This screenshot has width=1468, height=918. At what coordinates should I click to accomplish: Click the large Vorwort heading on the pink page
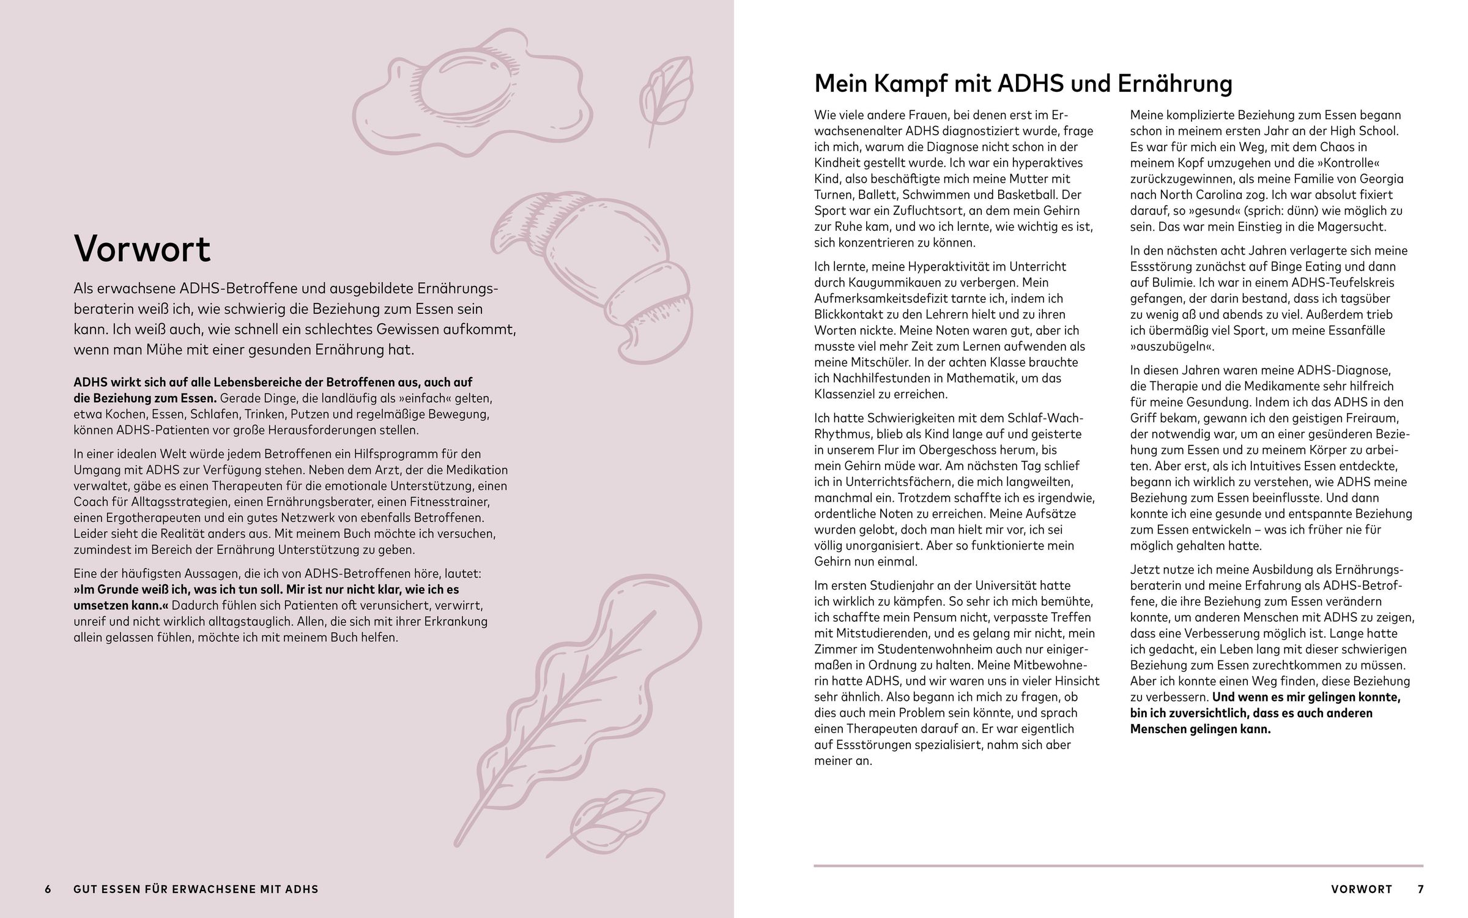click(142, 249)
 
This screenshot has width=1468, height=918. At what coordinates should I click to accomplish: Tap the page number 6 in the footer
click(48, 889)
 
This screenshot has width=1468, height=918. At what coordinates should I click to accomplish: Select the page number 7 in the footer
click(1420, 889)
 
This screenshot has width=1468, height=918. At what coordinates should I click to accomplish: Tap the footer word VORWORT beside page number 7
click(1362, 889)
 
